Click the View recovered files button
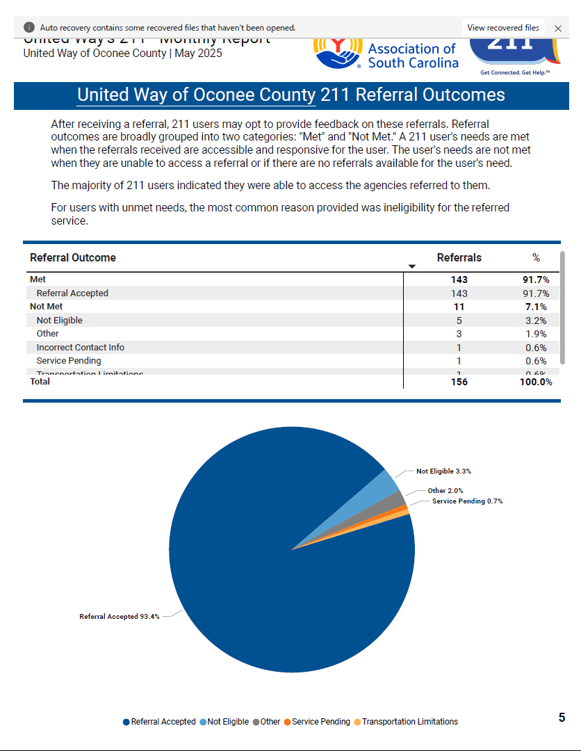502,28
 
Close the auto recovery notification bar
557,29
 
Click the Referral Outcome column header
73,257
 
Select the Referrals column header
459,257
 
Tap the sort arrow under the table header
411,267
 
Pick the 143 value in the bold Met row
459,280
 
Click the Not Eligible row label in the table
59,321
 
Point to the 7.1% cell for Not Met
536,307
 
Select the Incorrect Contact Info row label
80,348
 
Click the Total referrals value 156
459,382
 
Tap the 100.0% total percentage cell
535,382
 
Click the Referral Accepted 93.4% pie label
120,616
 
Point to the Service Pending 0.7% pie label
467,501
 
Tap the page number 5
562,718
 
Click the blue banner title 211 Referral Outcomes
291,95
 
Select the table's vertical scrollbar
562,306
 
